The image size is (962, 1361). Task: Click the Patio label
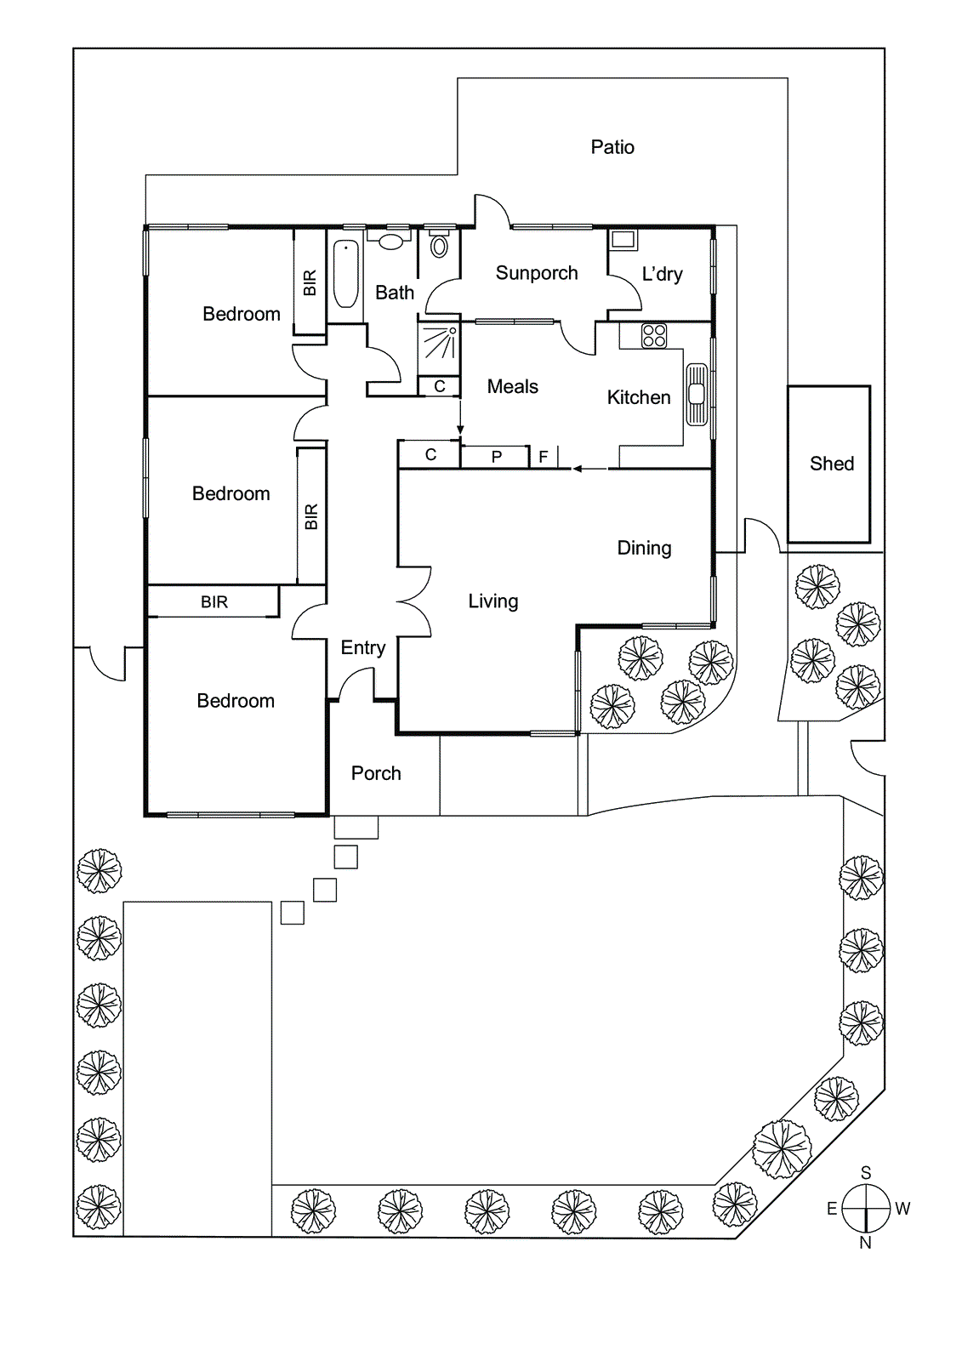coord(612,147)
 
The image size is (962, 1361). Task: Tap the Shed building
coord(829,464)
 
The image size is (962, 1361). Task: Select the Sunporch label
coord(537,273)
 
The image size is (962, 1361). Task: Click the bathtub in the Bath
coord(345,274)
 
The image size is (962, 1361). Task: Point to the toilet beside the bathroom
coord(439,245)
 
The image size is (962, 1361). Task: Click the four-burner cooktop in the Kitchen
coord(654,335)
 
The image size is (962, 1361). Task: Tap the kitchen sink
coord(697,394)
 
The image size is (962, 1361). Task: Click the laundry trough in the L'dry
coord(623,239)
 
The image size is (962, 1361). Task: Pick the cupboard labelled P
coord(497,457)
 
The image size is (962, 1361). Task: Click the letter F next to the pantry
coord(544,457)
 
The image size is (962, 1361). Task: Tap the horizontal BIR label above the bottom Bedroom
coord(214,602)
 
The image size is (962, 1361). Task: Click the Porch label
coord(376,773)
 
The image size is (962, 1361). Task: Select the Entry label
coord(363,647)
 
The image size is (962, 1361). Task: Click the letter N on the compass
coord(866,1243)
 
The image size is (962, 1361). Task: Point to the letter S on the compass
coord(866,1172)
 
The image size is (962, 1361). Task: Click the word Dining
coord(644,548)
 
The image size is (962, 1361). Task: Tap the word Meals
coord(513,386)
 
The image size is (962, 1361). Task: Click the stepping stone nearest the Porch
coord(356,827)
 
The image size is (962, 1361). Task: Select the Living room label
coord(493,601)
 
